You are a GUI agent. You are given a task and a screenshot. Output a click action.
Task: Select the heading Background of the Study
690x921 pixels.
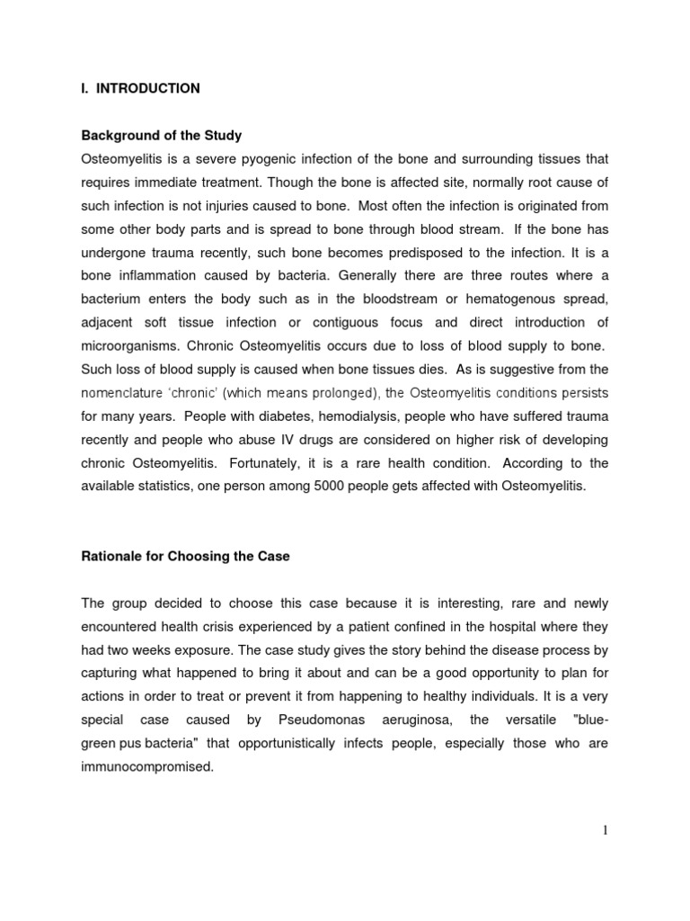162,135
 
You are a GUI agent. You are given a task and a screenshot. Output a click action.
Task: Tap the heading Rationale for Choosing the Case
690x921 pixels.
186,557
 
